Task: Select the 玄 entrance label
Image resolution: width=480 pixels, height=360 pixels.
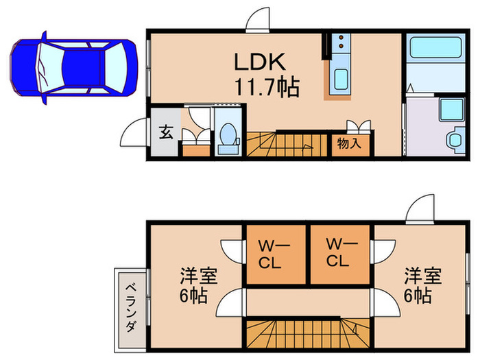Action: click(x=166, y=132)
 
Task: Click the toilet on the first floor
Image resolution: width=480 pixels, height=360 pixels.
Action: click(x=226, y=136)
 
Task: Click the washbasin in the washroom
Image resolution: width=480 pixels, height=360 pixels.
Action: click(x=455, y=139)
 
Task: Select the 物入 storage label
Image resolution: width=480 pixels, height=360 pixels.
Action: click(x=349, y=144)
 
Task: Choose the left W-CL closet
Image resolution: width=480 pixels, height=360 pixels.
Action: click(x=275, y=253)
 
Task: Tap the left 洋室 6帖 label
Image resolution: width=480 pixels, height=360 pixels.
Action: click(x=198, y=287)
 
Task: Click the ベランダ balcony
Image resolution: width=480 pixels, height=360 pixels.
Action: click(x=128, y=306)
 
